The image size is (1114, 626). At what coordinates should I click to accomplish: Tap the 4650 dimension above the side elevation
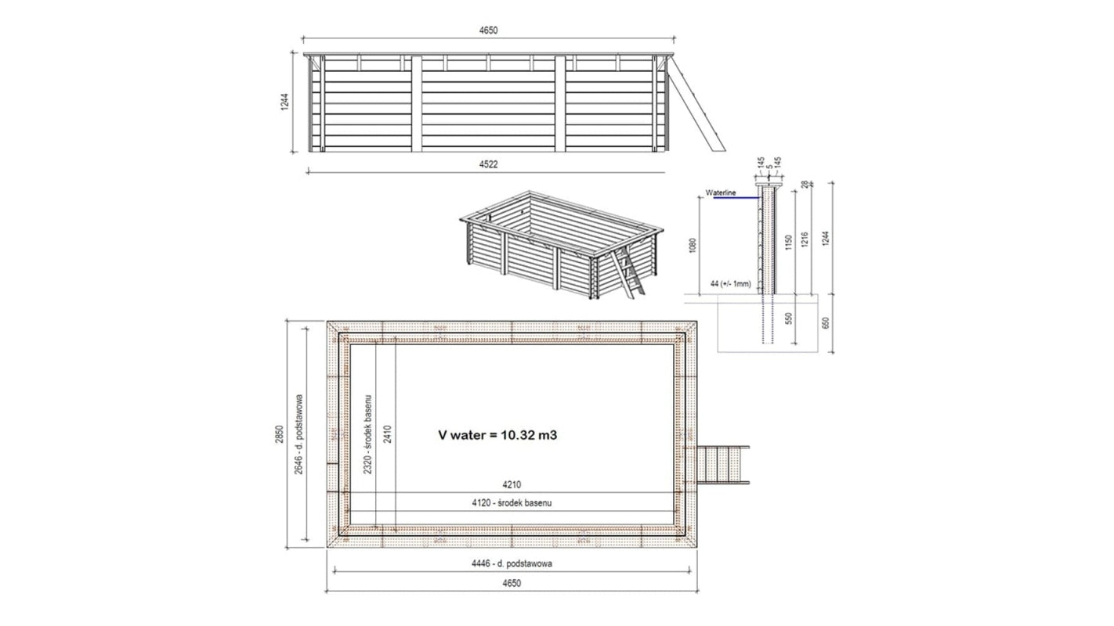click(x=489, y=31)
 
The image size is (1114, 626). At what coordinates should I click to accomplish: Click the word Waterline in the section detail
click(x=721, y=193)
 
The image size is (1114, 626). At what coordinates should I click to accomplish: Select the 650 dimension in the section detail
click(x=824, y=322)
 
